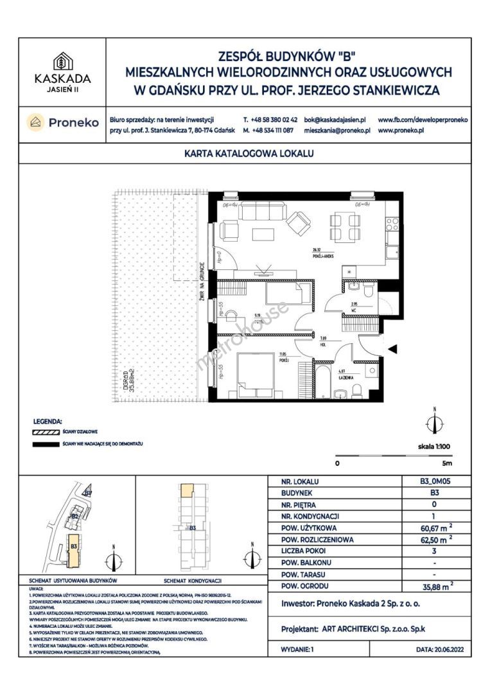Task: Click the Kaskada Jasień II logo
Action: [62, 71]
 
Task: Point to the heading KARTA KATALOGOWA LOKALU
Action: [244, 154]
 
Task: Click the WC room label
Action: [353, 310]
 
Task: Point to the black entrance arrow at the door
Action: [394, 348]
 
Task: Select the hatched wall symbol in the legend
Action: [46, 432]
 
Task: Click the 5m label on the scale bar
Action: [448, 463]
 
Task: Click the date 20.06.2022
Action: [443, 650]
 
